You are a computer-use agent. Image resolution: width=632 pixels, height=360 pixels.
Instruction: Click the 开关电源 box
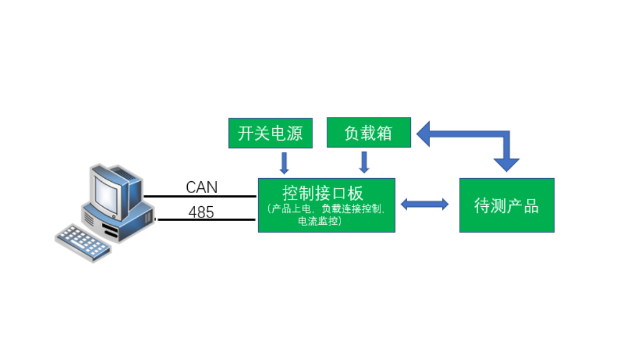click(270, 132)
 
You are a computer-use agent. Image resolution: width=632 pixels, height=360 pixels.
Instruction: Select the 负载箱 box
click(368, 132)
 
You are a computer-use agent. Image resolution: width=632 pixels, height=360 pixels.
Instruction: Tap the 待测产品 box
click(506, 205)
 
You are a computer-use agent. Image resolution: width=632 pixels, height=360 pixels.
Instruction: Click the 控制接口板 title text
click(323, 193)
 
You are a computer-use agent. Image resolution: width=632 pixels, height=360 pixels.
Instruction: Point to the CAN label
click(202, 187)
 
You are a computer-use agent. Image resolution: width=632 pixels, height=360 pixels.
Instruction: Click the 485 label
click(201, 212)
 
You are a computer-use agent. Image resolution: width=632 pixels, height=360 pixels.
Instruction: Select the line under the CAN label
click(200, 196)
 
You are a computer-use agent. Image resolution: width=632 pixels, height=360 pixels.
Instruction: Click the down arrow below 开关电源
click(284, 162)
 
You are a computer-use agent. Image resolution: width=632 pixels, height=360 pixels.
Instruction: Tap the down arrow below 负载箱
click(364, 162)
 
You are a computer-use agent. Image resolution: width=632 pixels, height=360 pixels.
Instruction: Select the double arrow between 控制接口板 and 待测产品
click(425, 204)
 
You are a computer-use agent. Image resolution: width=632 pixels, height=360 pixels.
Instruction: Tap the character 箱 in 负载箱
click(385, 133)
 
